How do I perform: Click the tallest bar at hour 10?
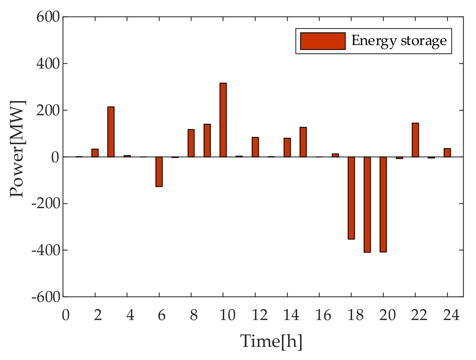(223, 120)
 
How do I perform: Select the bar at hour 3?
(111, 132)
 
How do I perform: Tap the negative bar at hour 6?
(159, 171)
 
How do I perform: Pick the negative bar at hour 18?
(351, 198)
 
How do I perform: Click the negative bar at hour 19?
(367, 204)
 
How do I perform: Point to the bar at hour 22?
(415, 140)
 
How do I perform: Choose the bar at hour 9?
(207, 140)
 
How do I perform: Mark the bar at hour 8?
(191, 143)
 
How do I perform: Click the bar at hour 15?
(303, 142)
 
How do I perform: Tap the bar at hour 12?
(255, 147)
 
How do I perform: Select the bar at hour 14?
(287, 147)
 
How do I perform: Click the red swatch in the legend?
(323, 41)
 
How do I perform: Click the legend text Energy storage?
(399, 41)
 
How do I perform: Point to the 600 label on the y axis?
(48, 17)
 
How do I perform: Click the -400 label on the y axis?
(46, 250)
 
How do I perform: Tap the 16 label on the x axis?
(323, 316)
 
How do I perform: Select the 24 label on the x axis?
(451, 316)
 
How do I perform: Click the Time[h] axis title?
(271, 341)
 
